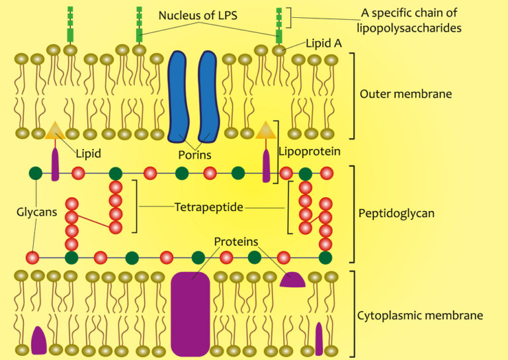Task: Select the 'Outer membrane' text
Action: point(405,94)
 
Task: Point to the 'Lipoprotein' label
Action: point(310,152)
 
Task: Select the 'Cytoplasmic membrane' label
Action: point(420,315)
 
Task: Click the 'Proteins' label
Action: point(236,242)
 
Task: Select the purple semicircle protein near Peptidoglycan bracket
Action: point(292,281)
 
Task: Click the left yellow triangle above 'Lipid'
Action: point(55,131)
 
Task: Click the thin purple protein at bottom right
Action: point(319,337)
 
